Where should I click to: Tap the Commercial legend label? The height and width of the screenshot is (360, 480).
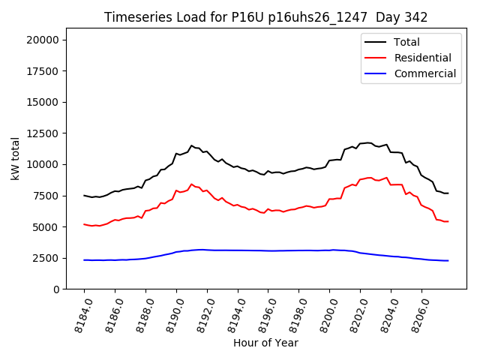click(x=424, y=73)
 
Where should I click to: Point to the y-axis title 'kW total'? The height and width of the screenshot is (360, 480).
click(x=15, y=158)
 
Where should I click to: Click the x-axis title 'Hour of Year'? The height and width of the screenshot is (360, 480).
click(x=265, y=343)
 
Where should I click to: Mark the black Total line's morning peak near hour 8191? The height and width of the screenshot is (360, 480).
click(x=191, y=145)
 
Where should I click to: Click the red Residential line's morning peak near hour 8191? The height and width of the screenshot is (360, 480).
click(x=191, y=184)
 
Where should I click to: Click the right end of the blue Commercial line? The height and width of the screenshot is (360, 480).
click(x=448, y=260)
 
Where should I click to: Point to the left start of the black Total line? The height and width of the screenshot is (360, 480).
click(x=84, y=196)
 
